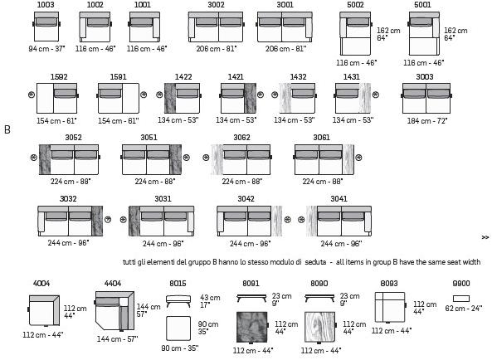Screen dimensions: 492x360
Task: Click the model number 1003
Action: coord(46,5)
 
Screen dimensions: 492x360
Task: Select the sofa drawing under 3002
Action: coord(217,27)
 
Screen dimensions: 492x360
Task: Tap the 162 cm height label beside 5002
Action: coord(388,31)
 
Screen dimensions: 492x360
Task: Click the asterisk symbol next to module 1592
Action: coord(32,95)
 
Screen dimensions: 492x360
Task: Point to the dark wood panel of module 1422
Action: coord(170,98)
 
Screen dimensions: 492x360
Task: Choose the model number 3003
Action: coord(425,77)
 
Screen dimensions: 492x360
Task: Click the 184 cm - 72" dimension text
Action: coord(427,121)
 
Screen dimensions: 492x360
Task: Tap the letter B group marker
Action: coord(7,129)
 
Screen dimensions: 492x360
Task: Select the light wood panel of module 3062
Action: coord(217,159)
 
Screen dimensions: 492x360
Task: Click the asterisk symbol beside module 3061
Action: coord(358,158)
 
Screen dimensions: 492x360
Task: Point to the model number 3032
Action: coord(68,199)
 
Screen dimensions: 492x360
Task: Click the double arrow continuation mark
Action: coord(485,237)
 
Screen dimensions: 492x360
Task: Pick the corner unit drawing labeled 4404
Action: coord(114,311)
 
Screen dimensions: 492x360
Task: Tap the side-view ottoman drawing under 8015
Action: coord(178,301)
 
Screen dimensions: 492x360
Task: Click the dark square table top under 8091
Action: coord(252,328)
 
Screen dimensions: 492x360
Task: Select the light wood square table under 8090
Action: coord(320,328)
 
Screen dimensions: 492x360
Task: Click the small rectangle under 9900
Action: coord(461,299)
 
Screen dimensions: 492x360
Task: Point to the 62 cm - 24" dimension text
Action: coord(464,309)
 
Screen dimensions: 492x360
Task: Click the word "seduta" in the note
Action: coord(315,262)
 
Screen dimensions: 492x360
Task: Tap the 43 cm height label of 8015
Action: coord(210,298)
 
